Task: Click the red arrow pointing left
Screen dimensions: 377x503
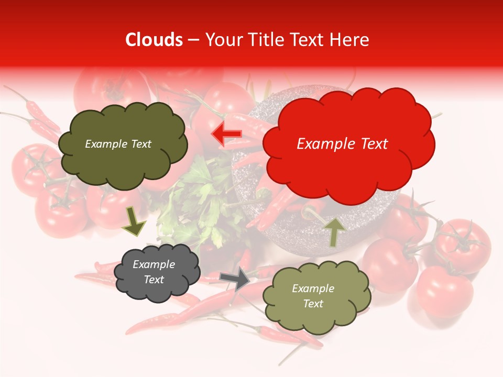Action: click(226, 135)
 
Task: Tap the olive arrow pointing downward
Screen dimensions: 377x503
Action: click(134, 223)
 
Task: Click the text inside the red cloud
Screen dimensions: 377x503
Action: click(342, 144)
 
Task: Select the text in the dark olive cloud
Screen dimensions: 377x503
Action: click(118, 144)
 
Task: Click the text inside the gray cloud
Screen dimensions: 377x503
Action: click(154, 272)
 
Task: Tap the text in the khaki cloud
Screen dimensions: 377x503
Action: click(313, 296)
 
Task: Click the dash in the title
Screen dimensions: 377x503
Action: click(193, 40)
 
